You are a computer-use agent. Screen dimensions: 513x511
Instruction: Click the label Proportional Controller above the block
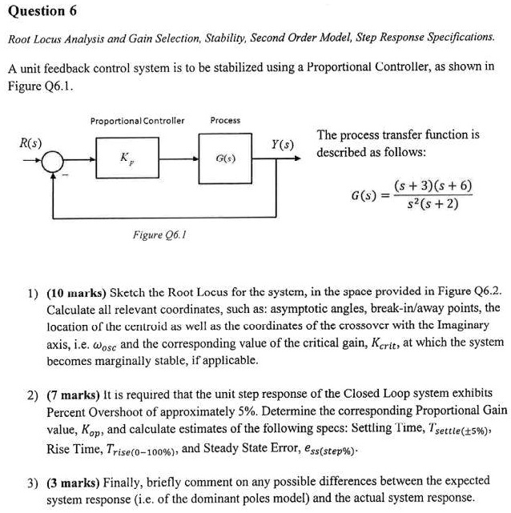coord(137,121)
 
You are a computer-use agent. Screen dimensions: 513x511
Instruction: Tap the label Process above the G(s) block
coord(225,121)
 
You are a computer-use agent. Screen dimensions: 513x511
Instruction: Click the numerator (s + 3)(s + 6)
coord(433,186)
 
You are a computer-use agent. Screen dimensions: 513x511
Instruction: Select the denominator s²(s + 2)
coord(433,204)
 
